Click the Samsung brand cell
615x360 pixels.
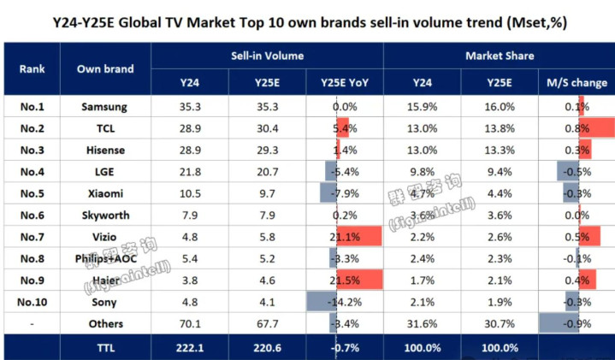(x=106, y=107)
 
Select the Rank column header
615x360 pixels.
(x=32, y=69)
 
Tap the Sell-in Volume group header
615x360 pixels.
(x=266, y=56)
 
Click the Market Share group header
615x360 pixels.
(x=499, y=56)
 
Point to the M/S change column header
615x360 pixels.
(x=577, y=83)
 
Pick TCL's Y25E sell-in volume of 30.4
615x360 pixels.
(x=265, y=128)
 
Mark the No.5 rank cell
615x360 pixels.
(x=32, y=193)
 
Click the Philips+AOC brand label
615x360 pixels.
(x=106, y=258)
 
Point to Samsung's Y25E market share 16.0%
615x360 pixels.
(x=500, y=107)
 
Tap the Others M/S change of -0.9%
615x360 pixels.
(x=577, y=323)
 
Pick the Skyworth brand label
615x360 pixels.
(x=106, y=215)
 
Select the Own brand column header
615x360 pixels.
(x=106, y=69)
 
